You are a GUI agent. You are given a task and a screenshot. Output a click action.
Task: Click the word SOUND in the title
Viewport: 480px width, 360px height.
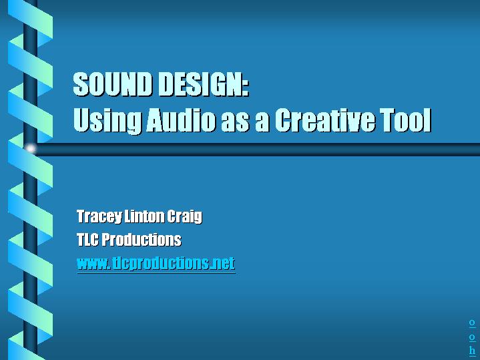tap(112, 84)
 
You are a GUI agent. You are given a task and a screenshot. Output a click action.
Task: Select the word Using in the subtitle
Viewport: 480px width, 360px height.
tap(107, 121)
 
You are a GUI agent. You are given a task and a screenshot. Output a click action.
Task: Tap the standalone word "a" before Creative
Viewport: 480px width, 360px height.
tap(262, 122)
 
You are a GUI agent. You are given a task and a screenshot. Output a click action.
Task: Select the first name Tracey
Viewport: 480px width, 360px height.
tap(99, 217)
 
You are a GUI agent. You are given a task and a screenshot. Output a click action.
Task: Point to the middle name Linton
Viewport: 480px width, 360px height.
tap(144, 216)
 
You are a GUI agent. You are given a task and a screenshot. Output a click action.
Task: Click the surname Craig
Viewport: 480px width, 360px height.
tap(185, 217)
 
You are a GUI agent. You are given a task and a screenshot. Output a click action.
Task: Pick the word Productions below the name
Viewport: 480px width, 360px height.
tap(142, 239)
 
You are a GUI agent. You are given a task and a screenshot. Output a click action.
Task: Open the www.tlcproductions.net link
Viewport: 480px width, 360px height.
tap(156, 263)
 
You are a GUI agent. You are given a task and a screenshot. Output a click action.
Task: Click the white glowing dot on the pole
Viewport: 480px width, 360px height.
tap(31, 149)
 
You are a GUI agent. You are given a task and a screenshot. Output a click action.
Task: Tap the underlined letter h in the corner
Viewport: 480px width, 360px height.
tap(473, 350)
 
